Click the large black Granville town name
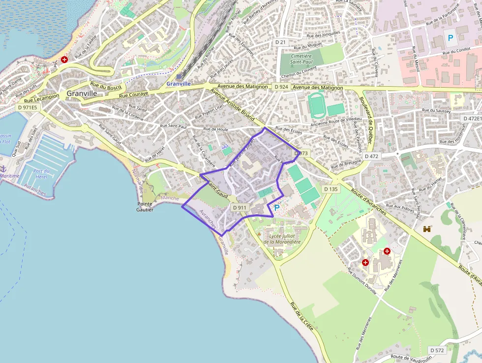(82, 93)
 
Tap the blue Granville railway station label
(178, 84)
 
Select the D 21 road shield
(280, 42)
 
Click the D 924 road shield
(281, 87)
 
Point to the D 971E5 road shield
(28, 107)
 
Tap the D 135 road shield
(331, 189)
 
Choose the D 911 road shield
(240, 208)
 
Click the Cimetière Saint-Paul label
(301, 59)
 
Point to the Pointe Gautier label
(146, 206)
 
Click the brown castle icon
(427, 229)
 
